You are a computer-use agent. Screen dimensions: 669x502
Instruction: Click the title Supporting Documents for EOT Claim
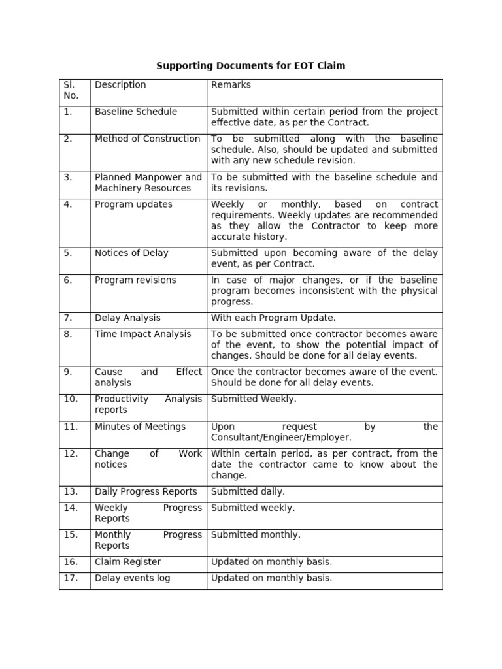251,66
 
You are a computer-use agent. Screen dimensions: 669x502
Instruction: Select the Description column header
120,85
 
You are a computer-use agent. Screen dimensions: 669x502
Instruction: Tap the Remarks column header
231,85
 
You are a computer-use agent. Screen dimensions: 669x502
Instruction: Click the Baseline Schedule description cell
136,112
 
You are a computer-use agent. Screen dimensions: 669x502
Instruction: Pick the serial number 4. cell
68,204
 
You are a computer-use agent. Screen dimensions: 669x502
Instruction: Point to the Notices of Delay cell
131,253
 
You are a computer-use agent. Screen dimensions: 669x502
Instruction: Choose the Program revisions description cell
135,280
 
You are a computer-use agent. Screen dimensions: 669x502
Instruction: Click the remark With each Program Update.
273,318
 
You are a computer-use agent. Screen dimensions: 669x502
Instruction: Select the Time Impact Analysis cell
142,334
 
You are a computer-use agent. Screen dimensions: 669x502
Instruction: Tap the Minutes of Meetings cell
140,427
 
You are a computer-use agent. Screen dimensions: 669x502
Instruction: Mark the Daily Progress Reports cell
146,492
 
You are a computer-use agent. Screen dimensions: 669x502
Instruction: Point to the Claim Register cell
127,562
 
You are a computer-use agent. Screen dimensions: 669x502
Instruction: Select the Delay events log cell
132,578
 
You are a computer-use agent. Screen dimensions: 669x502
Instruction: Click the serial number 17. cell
71,578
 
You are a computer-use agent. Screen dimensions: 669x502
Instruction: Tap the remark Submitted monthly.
256,535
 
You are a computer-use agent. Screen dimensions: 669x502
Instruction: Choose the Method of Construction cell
147,139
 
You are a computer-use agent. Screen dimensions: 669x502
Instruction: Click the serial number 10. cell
71,399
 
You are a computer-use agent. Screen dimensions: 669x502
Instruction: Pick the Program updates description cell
133,204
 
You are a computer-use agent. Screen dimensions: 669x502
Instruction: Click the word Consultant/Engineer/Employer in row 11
281,438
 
